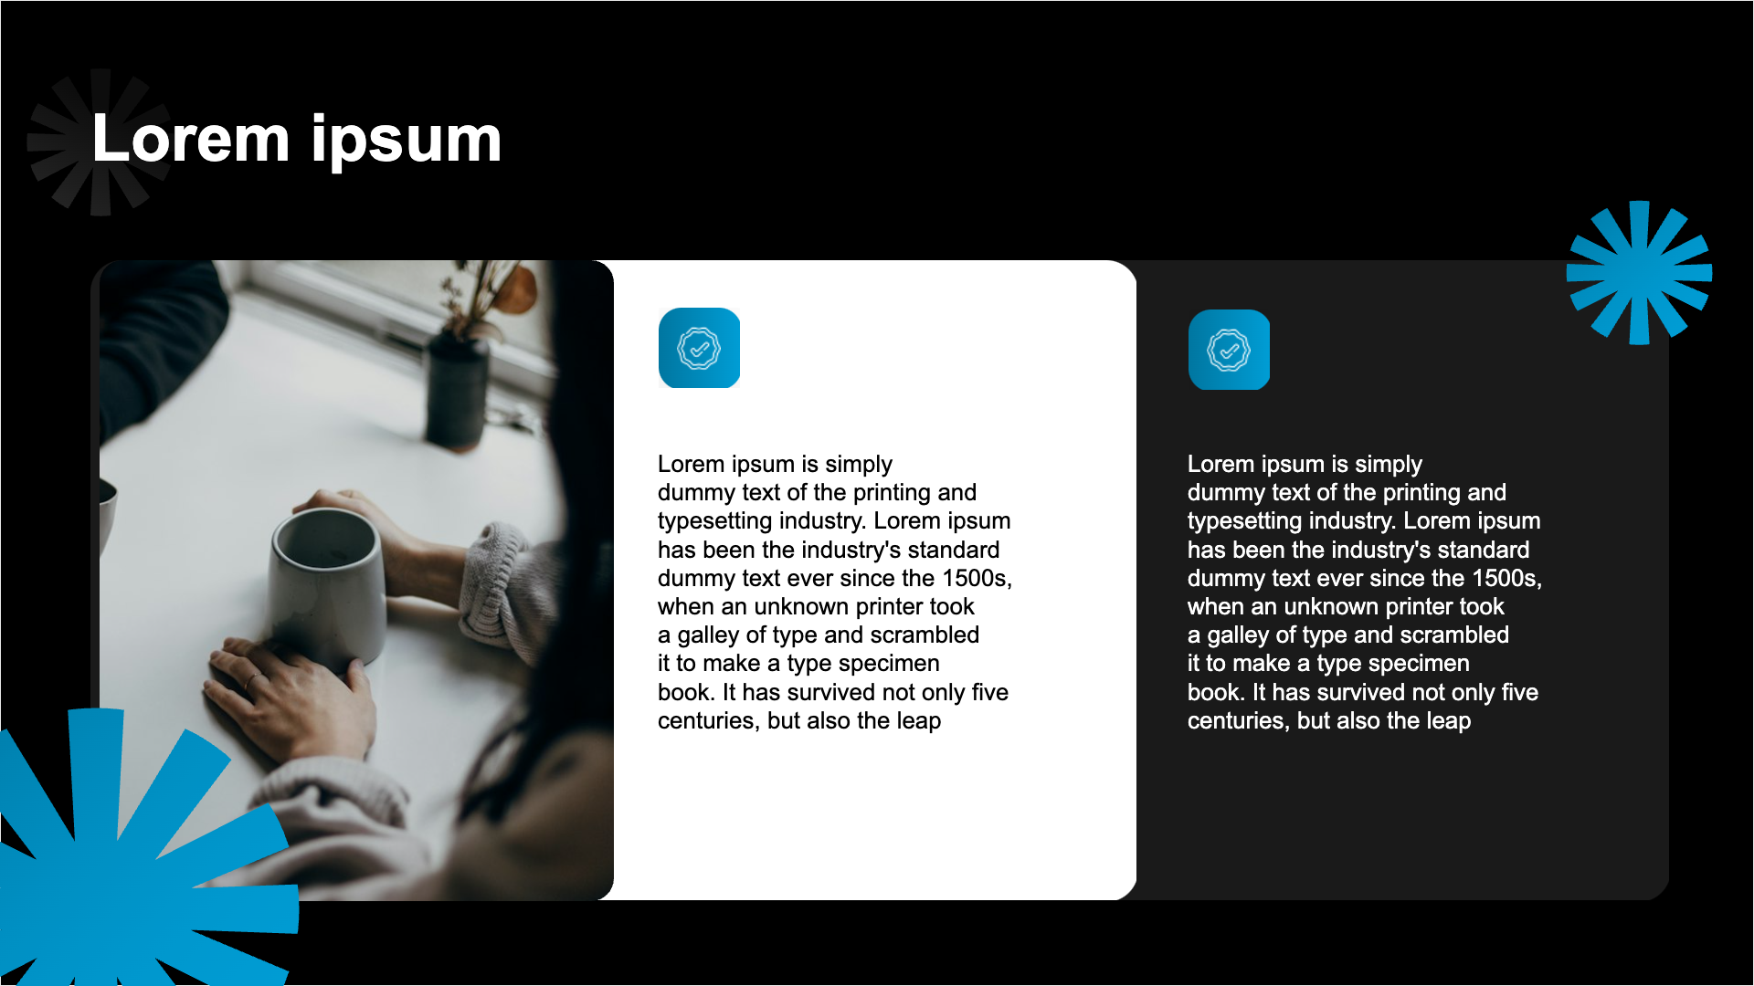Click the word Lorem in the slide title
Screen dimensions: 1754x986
pyautogui.click(x=191, y=140)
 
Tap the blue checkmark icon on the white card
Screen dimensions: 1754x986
pyautogui.click(x=699, y=348)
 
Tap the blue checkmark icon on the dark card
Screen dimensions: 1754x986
pyautogui.click(x=1229, y=350)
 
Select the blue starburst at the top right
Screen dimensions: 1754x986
pyautogui.click(x=1639, y=273)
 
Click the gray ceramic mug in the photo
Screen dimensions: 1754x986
pyautogui.click(x=326, y=589)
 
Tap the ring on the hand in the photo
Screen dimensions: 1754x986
pyautogui.click(x=249, y=680)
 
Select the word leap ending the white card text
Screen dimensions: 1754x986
pyautogui.click(x=918, y=722)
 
